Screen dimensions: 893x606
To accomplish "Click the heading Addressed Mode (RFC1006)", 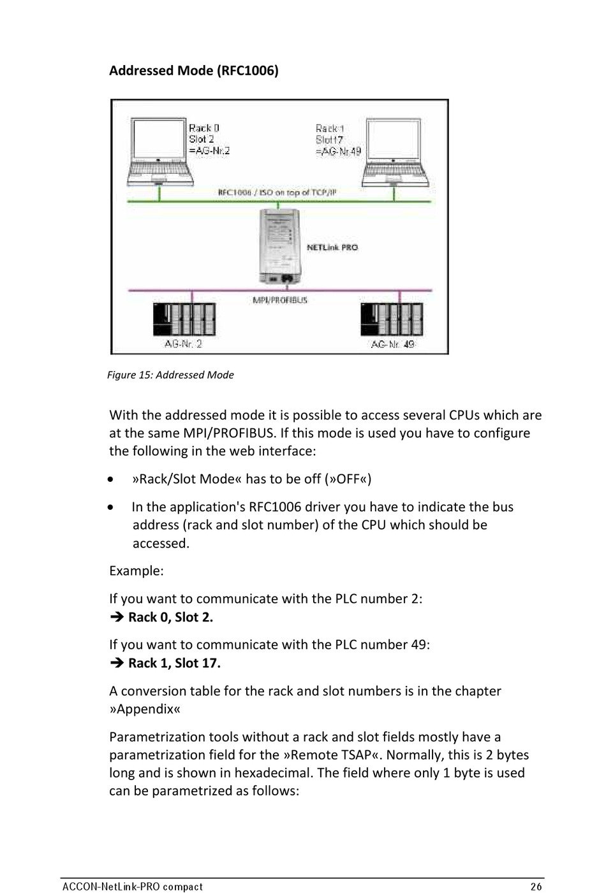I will click(x=193, y=70).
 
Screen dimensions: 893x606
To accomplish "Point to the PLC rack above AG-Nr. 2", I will click(x=184, y=319).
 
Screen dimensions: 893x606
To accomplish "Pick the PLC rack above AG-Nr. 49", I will click(x=391, y=319).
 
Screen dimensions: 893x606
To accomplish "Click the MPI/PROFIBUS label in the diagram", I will click(x=280, y=300).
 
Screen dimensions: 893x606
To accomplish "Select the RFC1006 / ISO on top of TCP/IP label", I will click(x=277, y=192).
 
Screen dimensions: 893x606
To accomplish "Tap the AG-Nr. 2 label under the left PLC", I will click(x=183, y=344).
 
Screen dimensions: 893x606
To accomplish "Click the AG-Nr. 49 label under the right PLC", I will click(x=392, y=344).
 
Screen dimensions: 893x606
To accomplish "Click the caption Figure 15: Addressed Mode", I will click(x=170, y=375).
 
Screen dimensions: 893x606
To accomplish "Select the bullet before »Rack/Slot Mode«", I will click(x=112, y=479).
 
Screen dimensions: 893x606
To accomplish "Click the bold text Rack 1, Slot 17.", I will click(x=174, y=663).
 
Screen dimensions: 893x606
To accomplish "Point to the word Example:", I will click(x=136, y=570).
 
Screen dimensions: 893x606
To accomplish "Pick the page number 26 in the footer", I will click(x=536, y=886).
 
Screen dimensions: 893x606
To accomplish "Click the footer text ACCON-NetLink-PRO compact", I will click(x=133, y=886).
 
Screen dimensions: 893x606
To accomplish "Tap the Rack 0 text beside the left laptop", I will click(x=203, y=128).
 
